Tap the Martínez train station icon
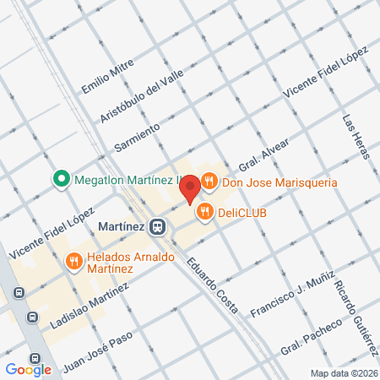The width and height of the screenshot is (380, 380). click(156, 226)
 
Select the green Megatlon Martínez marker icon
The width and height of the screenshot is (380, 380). click(61, 179)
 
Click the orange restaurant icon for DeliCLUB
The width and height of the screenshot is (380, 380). click(204, 213)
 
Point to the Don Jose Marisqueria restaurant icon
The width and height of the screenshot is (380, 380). click(209, 182)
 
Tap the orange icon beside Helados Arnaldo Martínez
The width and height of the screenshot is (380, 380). click(74, 262)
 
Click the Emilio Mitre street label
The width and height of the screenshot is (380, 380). click(102, 75)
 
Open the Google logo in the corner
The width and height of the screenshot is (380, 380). click(28, 369)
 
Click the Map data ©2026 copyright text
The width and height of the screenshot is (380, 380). click(342, 373)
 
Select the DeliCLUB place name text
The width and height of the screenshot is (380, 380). click(242, 213)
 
